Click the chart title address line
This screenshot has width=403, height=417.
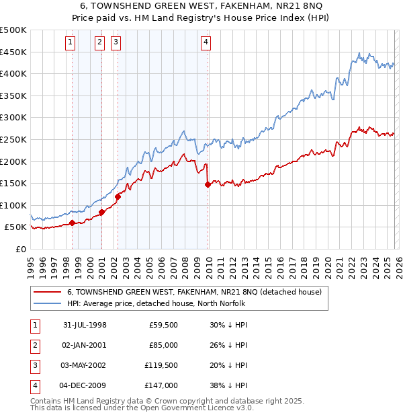[201, 5]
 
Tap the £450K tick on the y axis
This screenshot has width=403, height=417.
[13, 52]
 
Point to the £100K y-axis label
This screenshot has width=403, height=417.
[13, 205]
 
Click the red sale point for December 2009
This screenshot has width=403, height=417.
[208, 185]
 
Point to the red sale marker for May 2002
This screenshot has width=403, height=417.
[118, 197]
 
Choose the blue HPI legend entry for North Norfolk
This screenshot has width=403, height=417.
[156, 303]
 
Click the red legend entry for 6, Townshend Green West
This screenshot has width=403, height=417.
[195, 292]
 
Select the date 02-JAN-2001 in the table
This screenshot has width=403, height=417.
[83, 345]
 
